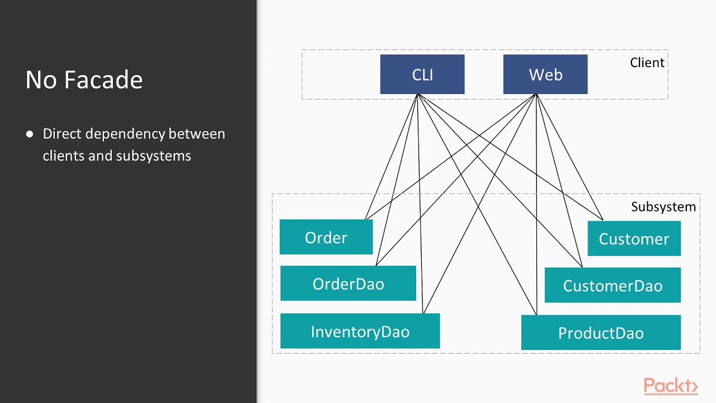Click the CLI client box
pyautogui.click(x=422, y=74)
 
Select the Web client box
pyautogui.click(x=545, y=74)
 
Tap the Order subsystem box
pyautogui.click(x=326, y=237)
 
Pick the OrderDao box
pyautogui.click(x=348, y=284)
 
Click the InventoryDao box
pyautogui.click(x=360, y=331)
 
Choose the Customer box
pyautogui.click(x=634, y=239)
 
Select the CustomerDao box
pyautogui.click(x=613, y=285)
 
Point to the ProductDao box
pyautogui.click(x=601, y=333)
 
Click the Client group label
pyautogui.click(x=647, y=63)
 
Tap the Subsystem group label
pyautogui.click(x=663, y=207)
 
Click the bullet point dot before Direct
pyautogui.click(x=30, y=134)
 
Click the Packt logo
pyautogui.click(x=671, y=386)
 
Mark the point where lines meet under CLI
pyautogui.click(x=418, y=95)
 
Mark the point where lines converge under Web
pyautogui.click(x=536, y=95)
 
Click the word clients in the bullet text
pyautogui.click(x=63, y=156)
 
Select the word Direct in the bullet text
pyautogui.click(x=62, y=134)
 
